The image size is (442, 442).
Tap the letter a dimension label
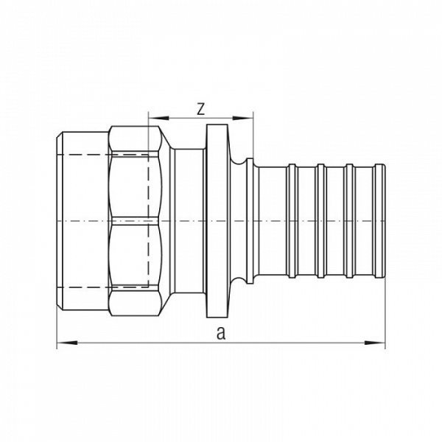pos(220,333)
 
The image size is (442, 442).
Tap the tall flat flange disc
pos(215,221)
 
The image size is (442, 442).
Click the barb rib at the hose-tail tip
pos(379,221)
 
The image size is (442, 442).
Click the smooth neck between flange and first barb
pos(264,221)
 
